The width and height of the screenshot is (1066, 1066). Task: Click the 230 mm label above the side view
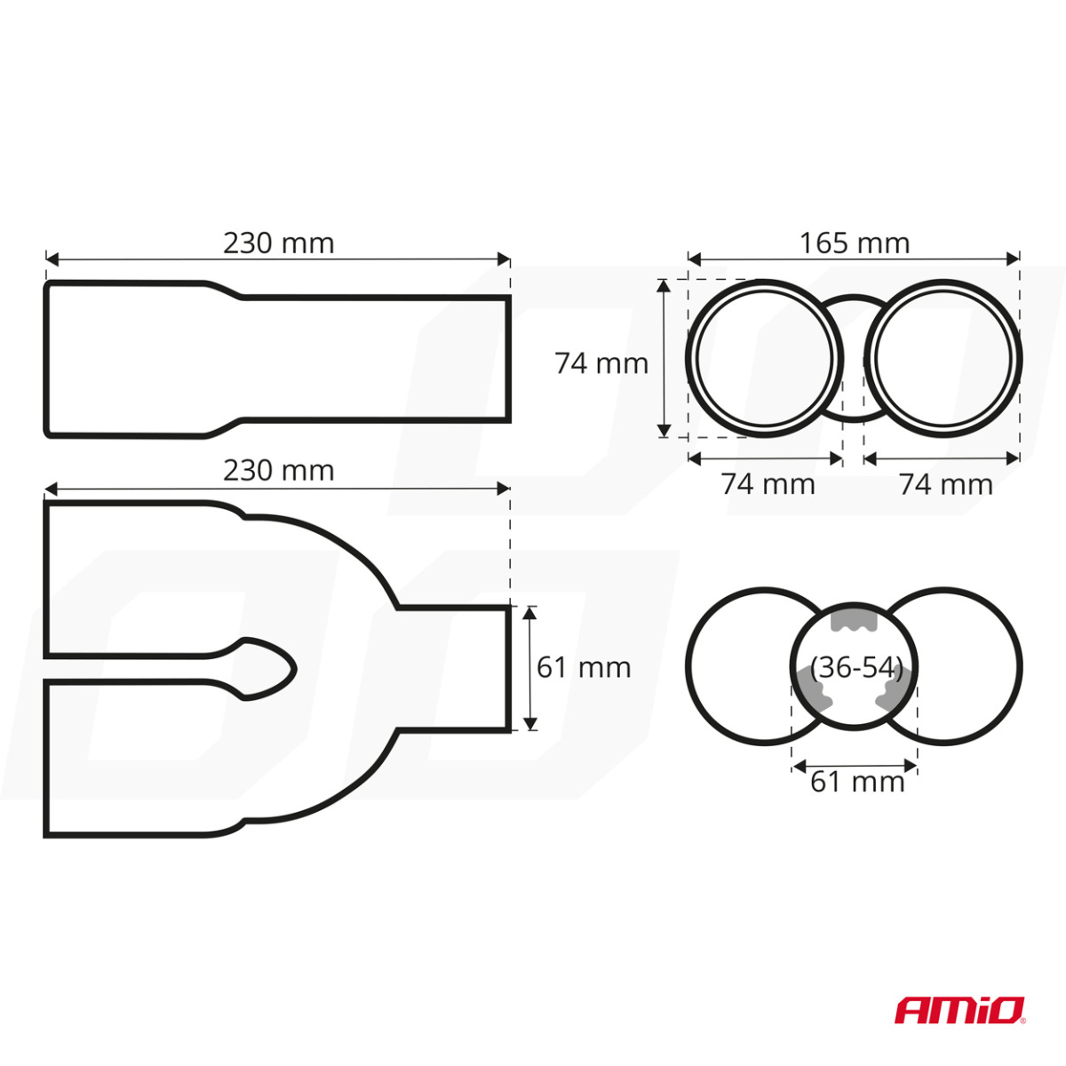click(278, 243)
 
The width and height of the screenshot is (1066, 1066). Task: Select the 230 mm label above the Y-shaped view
click(278, 470)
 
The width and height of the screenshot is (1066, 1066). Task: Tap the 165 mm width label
click(854, 243)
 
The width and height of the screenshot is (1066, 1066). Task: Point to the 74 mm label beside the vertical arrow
click(601, 363)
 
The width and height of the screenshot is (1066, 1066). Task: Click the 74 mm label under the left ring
click(768, 484)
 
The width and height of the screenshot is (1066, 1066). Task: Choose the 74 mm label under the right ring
click(945, 484)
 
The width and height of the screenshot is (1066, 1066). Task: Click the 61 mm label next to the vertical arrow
click(584, 667)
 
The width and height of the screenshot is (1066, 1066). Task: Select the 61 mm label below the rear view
click(857, 782)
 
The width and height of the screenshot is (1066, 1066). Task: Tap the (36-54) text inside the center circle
click(856, 667)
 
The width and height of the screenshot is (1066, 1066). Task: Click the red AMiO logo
click(959, 1010)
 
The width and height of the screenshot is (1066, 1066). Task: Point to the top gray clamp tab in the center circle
click(854, 618)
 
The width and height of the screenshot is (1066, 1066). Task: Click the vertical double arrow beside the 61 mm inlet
click(529, 668)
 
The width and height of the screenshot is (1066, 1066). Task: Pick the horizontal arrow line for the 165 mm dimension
click(854, 259)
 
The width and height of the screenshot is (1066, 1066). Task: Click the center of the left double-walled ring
click(765, 358)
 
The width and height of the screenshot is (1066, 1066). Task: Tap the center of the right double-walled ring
click(943, 358)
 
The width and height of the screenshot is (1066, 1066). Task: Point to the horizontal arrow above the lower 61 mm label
click(854, 763)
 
